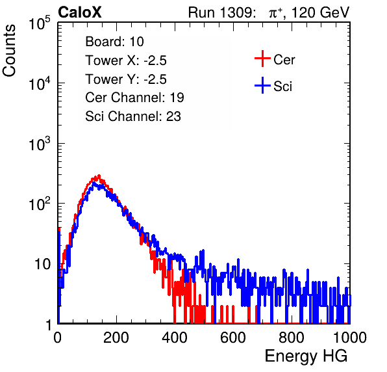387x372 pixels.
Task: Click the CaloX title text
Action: [x=80, y=12]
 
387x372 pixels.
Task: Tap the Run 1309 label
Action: [x=221, y=12]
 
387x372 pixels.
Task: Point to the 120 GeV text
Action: [x=321, y=13]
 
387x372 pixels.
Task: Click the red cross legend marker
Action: [x=262, y=59]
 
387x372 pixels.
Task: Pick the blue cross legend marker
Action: [x=262, y=85]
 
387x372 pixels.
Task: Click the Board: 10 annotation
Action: [x=114, y=42]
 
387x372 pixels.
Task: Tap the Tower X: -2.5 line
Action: [x=126, y=60]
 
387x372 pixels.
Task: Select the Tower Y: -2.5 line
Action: [x=126, y=79]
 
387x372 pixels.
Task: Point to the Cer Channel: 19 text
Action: [x=134, y=98]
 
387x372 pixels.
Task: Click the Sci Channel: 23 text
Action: [x=133, y=116]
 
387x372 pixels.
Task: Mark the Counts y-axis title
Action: [x=9, y=51]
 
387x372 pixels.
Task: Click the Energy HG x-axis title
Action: [x=306, y=356]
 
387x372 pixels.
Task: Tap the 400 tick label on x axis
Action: [x=175, y=338]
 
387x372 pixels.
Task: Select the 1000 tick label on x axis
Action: [x=350, y=338]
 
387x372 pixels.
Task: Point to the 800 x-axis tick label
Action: [x=292, y=338]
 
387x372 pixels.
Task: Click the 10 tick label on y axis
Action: [x=42, y=264]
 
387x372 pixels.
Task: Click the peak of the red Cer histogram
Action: [x=99, y=176]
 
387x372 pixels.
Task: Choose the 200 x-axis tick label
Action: [x=116, y=338]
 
